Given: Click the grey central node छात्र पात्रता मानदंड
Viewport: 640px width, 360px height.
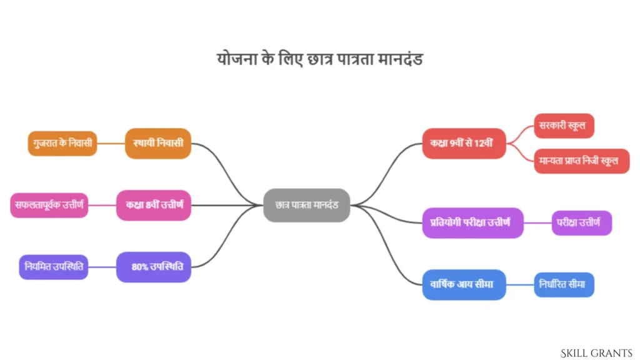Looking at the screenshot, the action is click(x=306, y=205).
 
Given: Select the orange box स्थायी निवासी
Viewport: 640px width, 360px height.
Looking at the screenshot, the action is click(x=158, y=143).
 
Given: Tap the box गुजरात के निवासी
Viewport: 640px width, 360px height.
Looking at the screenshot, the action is click(x=62, y=143).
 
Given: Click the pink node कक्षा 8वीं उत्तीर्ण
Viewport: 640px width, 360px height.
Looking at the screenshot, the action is click(x=154, y=205).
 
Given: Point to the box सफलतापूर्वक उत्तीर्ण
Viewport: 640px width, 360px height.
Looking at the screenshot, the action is click(x=49, y=205).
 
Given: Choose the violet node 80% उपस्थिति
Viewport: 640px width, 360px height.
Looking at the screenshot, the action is click(x=154, y=267).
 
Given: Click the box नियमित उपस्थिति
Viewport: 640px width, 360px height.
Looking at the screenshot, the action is click(x=54, y=267).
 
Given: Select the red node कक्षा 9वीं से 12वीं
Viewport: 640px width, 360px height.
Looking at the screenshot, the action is click(x=464, y=143).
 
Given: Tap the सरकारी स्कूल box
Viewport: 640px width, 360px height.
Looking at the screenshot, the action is click(x=564, y=126).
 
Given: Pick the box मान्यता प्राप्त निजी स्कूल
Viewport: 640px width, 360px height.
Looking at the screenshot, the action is click(x=582, y=161).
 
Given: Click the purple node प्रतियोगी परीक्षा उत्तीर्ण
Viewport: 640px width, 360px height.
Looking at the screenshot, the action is click(x=472, y=223).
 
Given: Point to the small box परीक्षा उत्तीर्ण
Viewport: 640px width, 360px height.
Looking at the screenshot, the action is click(x=582, y=223).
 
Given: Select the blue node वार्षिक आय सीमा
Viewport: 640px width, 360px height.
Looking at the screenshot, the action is click(x=464, y=284).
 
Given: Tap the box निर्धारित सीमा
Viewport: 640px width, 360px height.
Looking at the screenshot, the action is click(x=564, y=284).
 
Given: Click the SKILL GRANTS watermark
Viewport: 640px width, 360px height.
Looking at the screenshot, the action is click(x=596, y=353).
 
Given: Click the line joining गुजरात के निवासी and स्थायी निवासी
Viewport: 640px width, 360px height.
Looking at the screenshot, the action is click(x=111, y=143).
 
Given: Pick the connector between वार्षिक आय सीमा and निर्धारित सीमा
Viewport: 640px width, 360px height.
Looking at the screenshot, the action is click(x=520, y=284).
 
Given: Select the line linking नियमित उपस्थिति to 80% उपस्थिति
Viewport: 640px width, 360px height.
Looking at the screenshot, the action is click(x=102, y=267).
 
